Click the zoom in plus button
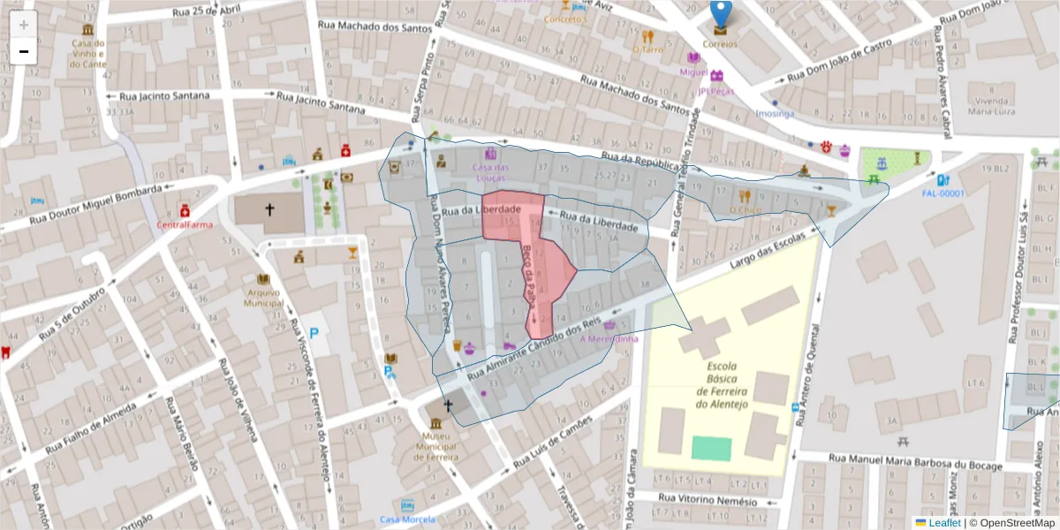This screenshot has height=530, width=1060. [24, 25]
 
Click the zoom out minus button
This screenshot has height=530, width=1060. [24, 51]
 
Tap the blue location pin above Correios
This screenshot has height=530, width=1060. [721, 13]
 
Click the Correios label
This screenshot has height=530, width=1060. [720, 44]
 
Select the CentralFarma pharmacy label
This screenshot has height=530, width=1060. [185, 224]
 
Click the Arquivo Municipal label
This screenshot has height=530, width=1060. [264, 298]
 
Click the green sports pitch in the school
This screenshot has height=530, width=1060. [711, 448]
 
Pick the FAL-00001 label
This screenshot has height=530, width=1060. [943, 193]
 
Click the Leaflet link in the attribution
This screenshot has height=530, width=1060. [943, 523]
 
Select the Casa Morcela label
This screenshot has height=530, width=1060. [407, 519]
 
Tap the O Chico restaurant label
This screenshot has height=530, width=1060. [745, 210]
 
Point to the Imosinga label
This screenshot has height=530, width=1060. [775, 113]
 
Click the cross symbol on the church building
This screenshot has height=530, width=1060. [270, 211]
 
